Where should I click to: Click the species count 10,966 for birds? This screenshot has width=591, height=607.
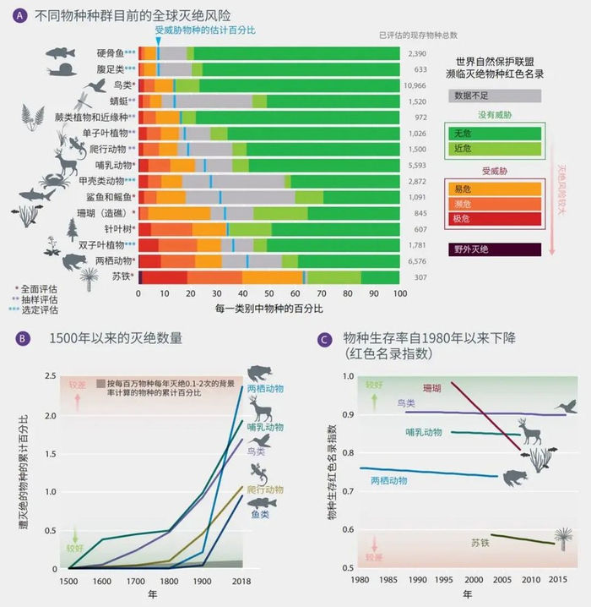tap(417, 85)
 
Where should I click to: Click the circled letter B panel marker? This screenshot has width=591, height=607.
tap(23, 338)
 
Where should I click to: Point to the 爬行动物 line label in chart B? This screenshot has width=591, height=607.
tap(264, 489)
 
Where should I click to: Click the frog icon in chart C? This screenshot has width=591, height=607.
tap(512, 478)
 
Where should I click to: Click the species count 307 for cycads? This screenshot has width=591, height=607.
tap(417, 276)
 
